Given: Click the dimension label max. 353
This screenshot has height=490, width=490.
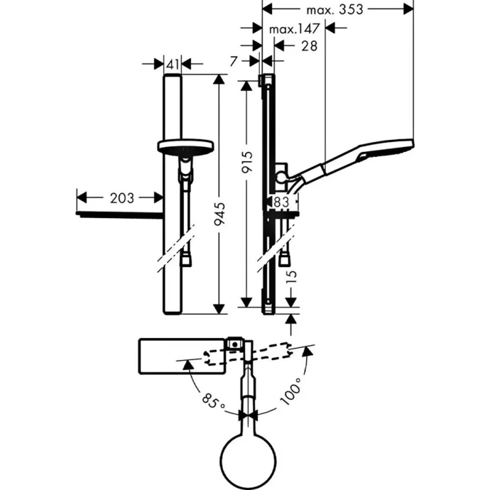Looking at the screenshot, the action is coord(335,10).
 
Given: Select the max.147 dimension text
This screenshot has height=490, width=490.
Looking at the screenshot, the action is coord(294,29).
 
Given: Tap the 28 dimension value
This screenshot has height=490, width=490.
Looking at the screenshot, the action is coord(309,46).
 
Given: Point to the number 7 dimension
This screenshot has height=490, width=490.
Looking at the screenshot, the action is coord(234,61).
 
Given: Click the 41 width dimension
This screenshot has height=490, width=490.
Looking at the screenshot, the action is coord(173,64).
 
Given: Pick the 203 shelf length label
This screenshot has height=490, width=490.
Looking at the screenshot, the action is coord(122,198).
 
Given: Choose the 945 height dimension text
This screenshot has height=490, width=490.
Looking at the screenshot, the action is coord(220,214).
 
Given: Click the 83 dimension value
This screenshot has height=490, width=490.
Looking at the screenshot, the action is coord(281,202).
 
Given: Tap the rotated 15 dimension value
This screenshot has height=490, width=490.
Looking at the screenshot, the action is coord(291,276).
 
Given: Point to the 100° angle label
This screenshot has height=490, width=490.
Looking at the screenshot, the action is coord(290,391).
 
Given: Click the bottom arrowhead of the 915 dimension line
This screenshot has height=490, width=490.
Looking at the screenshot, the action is coord(246,302).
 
